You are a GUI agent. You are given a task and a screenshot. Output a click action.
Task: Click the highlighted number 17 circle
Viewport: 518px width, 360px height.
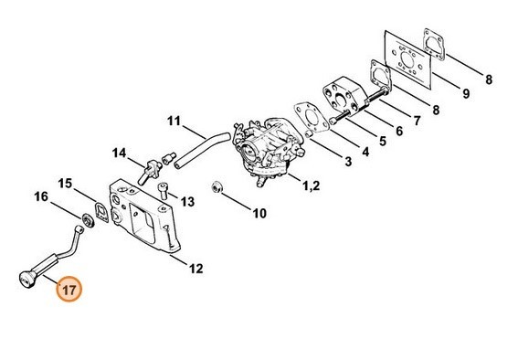pos(70,289)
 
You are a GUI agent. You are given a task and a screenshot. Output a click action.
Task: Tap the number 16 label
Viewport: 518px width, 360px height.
pos(41,196)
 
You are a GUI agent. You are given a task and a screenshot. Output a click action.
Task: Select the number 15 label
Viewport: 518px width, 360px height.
pos(65,184)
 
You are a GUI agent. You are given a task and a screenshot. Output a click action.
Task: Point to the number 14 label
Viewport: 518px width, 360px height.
pos(120,152)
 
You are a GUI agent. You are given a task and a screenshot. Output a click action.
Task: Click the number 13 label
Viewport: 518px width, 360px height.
pos(186,201)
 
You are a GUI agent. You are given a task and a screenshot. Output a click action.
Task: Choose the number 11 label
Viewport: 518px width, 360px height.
pos(174,120)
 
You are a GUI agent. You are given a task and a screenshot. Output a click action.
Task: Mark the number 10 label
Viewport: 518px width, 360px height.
pos(259,215)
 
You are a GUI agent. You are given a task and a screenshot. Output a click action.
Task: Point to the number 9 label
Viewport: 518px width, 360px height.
pos(465,92)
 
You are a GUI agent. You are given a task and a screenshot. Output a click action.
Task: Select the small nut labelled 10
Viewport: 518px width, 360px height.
pos(217,188)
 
